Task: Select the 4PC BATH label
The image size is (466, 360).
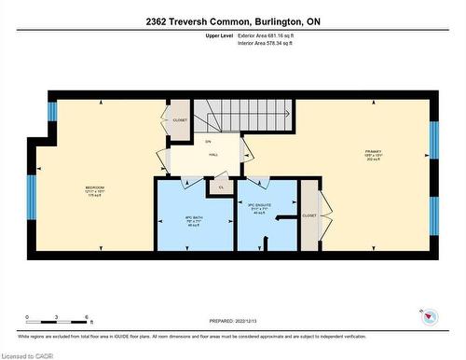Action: point(194,221)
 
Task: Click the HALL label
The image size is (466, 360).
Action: point(212,155)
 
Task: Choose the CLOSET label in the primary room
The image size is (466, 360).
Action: point(309,215)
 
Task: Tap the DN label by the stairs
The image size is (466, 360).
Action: point(208,141)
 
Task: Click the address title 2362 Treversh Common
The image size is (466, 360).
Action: point(232,20)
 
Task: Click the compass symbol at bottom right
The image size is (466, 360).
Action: point(429,317)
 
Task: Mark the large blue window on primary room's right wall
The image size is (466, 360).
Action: point(432,151)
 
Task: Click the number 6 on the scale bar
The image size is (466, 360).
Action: point(87,318)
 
